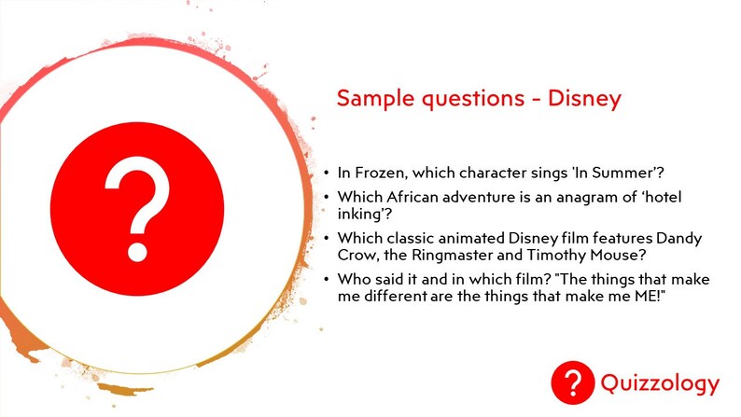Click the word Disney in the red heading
[584, 99]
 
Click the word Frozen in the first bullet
[381, 173]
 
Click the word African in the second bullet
[412, 197]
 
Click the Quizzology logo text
[660, 383]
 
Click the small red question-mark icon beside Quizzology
[572, 382]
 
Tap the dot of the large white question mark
[137, 252]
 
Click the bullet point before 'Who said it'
[327, 279]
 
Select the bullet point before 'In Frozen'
[327, 173]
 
